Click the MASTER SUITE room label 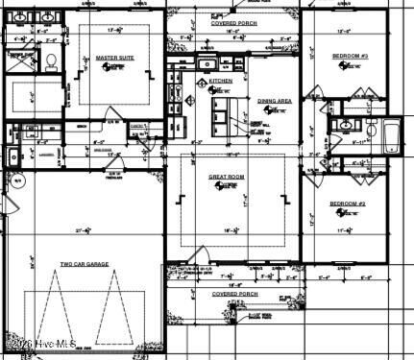tap(114, 58)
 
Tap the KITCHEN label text tap(221, 82)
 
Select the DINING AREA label tap(275, 101)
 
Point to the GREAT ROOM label tap(229, 178)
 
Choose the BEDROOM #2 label tap(348, 204)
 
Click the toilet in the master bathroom tap(49, 60)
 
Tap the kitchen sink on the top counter tap(206, 64)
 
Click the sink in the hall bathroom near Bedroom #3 tap(344, 126)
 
